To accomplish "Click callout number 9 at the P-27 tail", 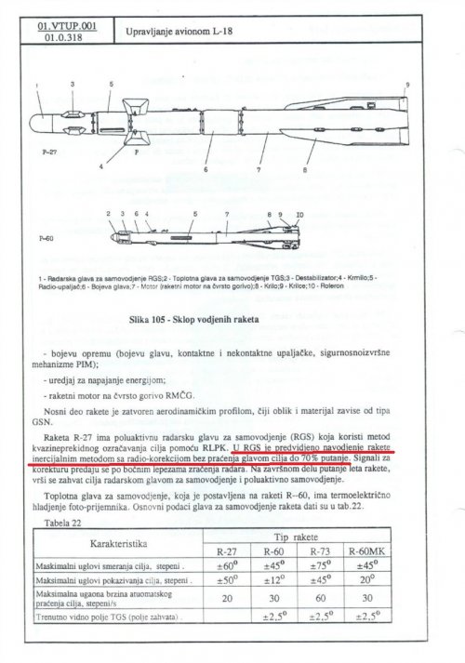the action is pos(407,85).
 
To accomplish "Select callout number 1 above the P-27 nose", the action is pos(35,86).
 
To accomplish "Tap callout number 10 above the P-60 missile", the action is pos(299,215).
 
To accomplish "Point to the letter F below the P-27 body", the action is pos(137,151).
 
